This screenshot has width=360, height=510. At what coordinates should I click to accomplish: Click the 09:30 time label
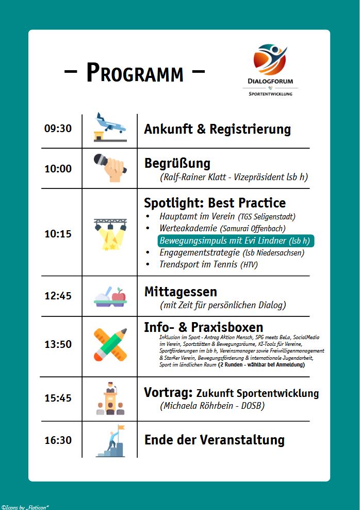click(x=58, y=129)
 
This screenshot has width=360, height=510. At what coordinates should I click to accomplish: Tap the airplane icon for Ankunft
click(x=110, y=127)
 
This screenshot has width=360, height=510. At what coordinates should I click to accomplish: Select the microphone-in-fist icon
click(x=110, y=167)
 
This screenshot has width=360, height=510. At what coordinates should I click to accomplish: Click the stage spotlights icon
click(x=110, y=233)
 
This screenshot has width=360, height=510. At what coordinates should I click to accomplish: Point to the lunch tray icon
click(x=110, y=297)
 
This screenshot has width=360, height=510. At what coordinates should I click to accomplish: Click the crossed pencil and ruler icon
click(x=110, y=344)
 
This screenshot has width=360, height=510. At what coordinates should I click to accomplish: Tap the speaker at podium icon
click(x=110, y=398)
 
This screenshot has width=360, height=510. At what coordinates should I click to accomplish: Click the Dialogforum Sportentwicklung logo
click(x=270, y=70)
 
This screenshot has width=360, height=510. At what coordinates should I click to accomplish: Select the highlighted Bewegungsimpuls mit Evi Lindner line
click(x=235, y=241)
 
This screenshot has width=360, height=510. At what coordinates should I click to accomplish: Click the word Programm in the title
click(x=135, y=73)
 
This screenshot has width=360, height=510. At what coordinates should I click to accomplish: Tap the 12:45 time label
click(x=58, y=296)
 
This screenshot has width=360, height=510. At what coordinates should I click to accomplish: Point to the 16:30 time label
click(x=58, y=440)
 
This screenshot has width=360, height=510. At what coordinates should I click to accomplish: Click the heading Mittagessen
click(x=181, y=292)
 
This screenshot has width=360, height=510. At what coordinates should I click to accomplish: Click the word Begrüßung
click(x=177, y=164)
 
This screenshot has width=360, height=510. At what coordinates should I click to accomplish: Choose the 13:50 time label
click(x=58, y=344)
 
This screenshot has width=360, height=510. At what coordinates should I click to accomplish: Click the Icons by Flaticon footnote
click(x=25, y=506)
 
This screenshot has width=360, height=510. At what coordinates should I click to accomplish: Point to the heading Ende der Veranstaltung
click(x=214, y=440)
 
